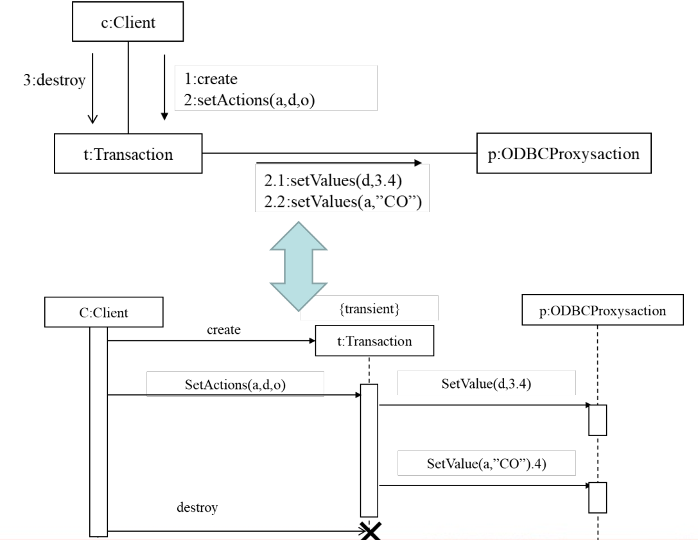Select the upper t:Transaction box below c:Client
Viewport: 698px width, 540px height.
coord(128,154)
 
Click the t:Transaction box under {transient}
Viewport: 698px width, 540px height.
coord(374,342)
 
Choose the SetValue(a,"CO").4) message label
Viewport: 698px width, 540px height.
coord(487,463)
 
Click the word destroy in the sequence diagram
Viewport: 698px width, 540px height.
coord(197,508)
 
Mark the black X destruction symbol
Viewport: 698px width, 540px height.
coord(370,530)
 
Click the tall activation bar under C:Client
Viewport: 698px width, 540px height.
coord(98,430)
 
